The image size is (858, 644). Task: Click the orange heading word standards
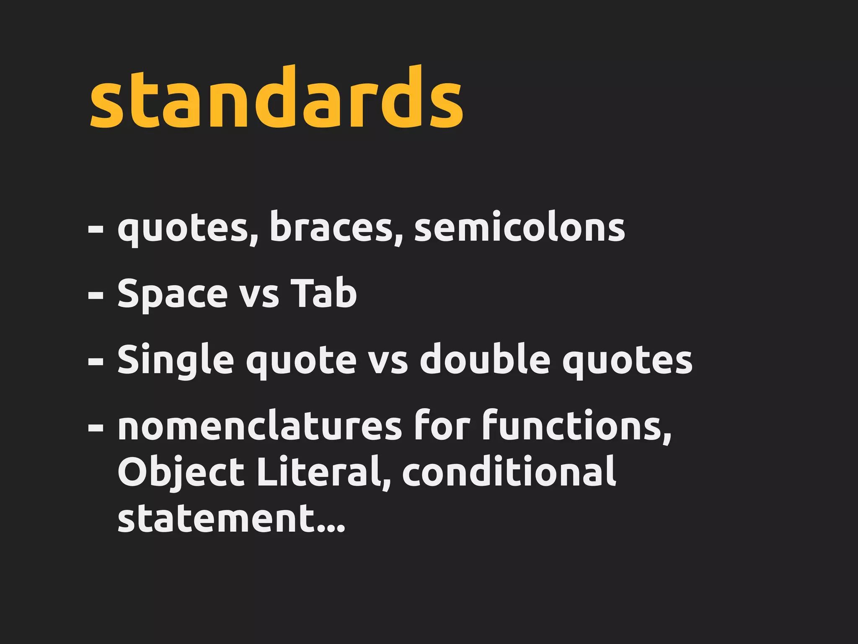click(x=277, y=99)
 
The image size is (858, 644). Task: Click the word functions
click(x=576, y=426)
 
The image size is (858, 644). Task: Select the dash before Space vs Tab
click(x=96, y=295)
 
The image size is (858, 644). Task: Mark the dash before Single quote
click(x=96, y=361)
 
